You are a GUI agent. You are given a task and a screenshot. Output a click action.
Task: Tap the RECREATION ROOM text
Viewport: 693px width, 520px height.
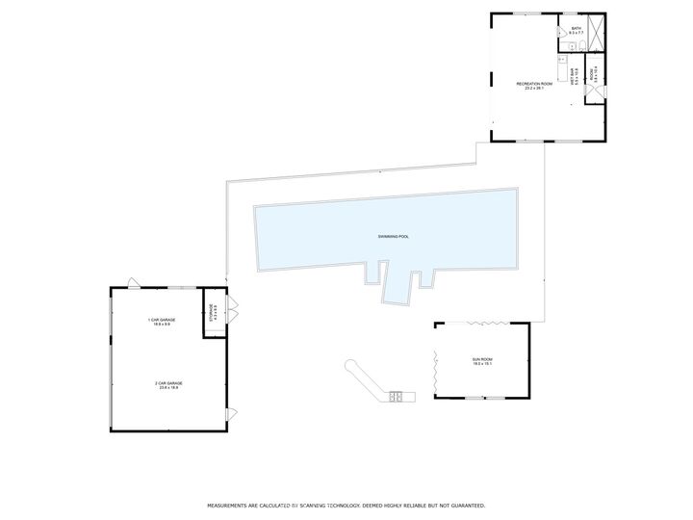(534, 86)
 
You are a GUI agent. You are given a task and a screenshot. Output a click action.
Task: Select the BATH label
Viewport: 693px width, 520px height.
(576, 31)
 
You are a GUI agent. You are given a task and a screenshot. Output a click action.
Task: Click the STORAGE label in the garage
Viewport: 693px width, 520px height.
(214, 313)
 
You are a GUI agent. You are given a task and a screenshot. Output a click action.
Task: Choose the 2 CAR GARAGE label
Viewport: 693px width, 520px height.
(169, 384)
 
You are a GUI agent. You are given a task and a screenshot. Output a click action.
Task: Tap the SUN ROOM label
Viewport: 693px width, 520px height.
(482, 361)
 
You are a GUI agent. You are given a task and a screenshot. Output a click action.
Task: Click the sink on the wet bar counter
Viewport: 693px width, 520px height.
(562, 60)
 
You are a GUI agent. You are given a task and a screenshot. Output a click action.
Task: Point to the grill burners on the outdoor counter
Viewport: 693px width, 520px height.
(397, 395)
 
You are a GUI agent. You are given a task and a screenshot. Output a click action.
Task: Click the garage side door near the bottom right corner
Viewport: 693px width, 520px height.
(230, 414)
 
